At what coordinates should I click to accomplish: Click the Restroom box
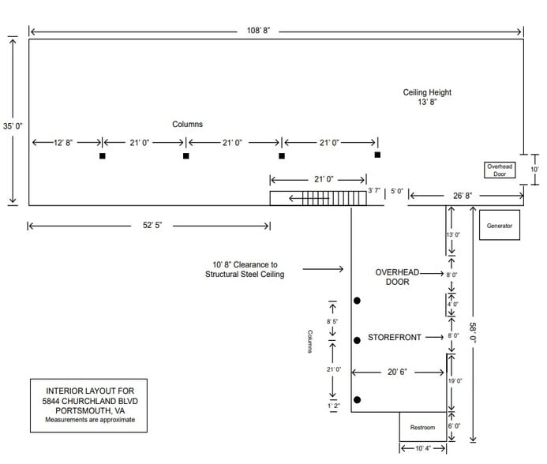pos(422,428)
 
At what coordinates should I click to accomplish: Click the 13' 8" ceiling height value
pos(426,103)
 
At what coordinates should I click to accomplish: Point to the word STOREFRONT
pos(392,337)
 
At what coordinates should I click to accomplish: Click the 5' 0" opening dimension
pos(396,191)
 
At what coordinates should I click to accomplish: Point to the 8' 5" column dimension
pos(332,322)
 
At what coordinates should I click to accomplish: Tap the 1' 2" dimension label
pos(332,406)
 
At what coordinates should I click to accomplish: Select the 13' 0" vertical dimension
pos(452,235)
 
